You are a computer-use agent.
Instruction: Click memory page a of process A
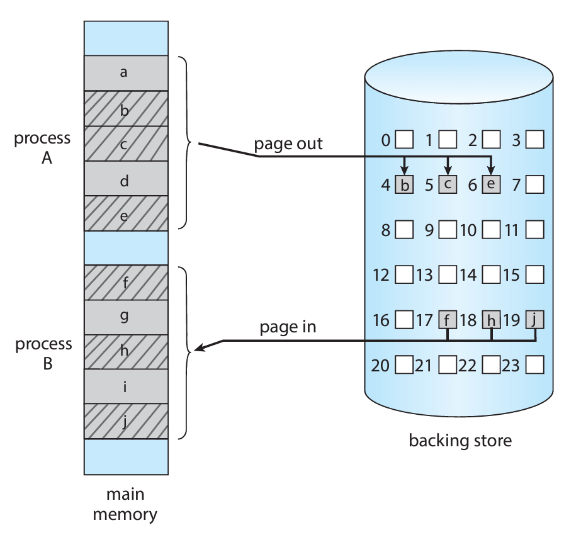coord(126,72)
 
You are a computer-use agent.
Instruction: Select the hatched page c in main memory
coord(126,144)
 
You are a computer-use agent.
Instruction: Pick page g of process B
coord(126,317)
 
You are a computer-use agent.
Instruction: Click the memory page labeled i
coord(126,386)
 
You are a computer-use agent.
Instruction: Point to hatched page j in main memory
coord(126,421)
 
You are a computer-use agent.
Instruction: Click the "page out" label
coord(288,144)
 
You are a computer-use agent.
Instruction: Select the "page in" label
coord(288,327)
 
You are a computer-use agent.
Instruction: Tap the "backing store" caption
coord(460,440)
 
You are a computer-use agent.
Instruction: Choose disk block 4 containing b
coord(404,185)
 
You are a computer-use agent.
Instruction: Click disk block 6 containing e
coord(491,185)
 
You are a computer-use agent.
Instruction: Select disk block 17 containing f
coord(448,320)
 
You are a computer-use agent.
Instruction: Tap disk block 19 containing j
coord(535,320)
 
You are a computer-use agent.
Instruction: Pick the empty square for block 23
coord(535,365)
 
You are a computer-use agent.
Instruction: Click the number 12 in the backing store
coord(381,275)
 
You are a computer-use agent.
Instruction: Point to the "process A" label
coord(43,148)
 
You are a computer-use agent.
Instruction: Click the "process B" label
coord(43,354)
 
